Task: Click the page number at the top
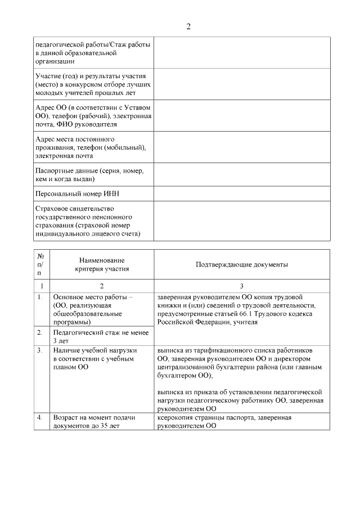pyautogui.click(x=188, y=26)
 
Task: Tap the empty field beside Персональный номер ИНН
pyautogui.click(x=241, y=193)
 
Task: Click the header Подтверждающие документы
pyautogui.click(x=242, y=264)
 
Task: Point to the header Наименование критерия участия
pyautogui.click(x=102, y=264)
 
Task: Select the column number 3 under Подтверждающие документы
pyautogui.click(x=242, y=286)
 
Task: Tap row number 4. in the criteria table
pyautogui.click(x=40, y=418)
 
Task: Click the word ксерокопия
pyautogui.click(x=178, y=418)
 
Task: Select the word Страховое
pyautogui.click(x=51, y=208)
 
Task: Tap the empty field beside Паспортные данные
pyautogui.click(x=241, y=174)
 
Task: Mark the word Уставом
pyautogui.click(x=138, y=107)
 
